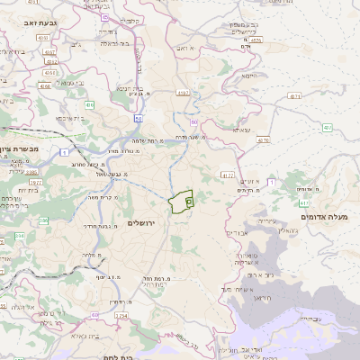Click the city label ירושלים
(142, 222)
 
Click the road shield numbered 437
(327, 128)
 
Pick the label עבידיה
(308, 319)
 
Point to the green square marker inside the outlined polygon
(189, 202)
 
